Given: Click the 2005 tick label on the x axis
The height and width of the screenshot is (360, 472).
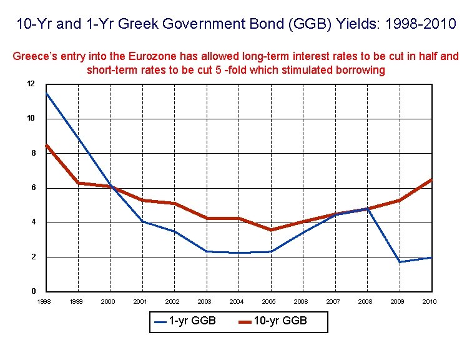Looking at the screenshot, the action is [269, 301].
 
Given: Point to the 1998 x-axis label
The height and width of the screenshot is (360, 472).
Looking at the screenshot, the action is [44, 301].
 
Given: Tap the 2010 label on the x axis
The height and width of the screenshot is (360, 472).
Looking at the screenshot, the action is [430, 301].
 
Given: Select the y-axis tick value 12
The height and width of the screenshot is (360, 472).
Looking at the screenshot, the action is [31, 84].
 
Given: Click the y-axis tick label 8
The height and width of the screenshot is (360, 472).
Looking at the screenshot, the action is [34, 153].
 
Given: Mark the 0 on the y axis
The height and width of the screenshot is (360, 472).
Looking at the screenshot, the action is [34, 291].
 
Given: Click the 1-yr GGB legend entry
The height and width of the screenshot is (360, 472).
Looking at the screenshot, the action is [185, 321].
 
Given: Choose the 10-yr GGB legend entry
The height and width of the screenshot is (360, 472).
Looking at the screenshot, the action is [273, 321].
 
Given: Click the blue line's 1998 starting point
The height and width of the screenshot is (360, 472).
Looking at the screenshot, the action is [46, 92].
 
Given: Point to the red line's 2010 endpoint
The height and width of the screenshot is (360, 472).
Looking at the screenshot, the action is [431, 180].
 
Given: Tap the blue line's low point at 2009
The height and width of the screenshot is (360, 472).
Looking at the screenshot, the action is [400, 262].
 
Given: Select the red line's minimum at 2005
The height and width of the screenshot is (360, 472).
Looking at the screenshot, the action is [271, 230].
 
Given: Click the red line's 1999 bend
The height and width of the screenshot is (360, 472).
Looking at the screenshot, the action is [78, 183].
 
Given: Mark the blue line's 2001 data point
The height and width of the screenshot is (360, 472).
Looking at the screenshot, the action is [142, 222].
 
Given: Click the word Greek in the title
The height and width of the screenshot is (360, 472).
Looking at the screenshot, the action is [138, 24].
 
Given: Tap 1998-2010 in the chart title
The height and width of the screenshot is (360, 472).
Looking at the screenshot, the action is [421, 24].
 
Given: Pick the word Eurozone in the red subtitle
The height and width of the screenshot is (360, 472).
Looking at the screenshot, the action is [152, 56].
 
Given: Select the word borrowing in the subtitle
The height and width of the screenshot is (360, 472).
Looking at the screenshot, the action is [360, 70].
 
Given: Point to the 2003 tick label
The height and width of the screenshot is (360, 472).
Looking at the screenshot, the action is [205, 301].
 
